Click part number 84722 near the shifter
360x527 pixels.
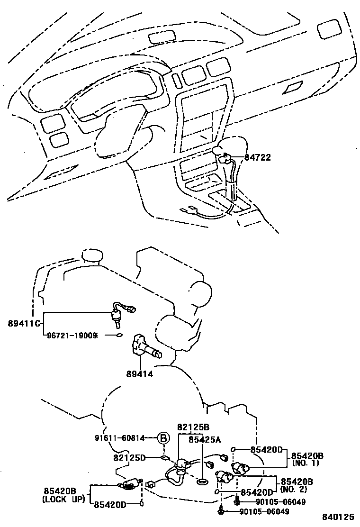pyautogui.click(x=258, y=158)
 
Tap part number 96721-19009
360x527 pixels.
pyautogui.click(x=72, y=335)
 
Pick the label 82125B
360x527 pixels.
pyautogui.click(x=193, y=427)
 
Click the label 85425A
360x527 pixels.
pyautogui.click(x=205, y=439)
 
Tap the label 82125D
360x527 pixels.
pyautogui.click(x=129, y=457)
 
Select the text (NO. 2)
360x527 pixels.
pyautogui.click(x=294, y=488)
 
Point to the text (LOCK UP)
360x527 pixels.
pyautogui.click(x=63, y=499)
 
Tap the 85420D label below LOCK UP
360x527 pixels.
pyautogui.click(x=109, y=505)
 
